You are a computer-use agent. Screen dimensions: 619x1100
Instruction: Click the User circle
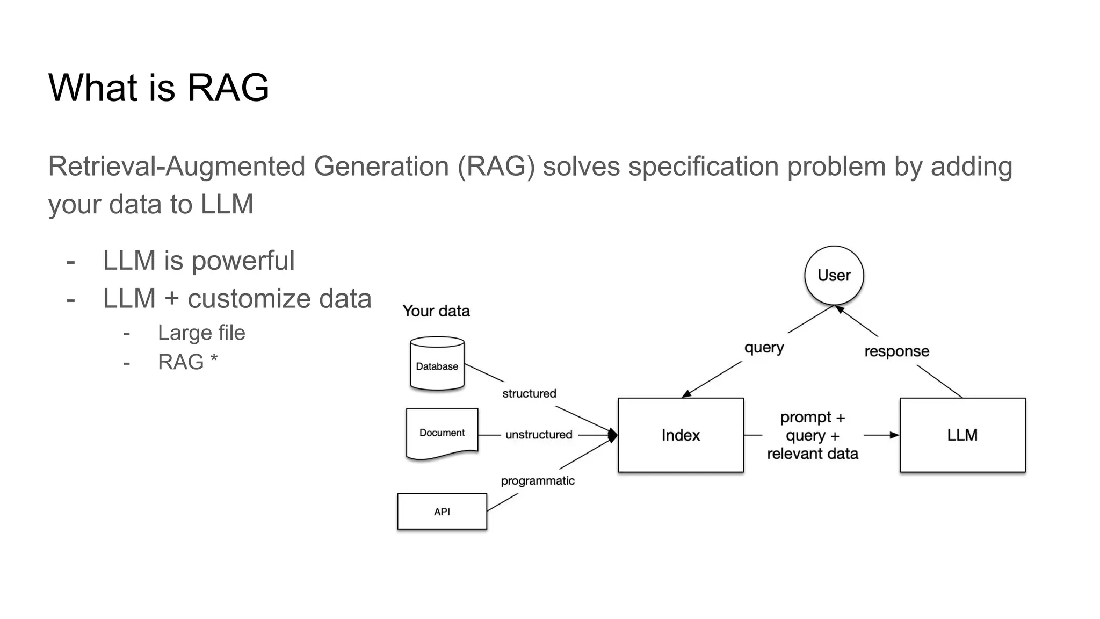click(834, 275)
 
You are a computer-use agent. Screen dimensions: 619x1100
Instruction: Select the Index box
click(681, 435)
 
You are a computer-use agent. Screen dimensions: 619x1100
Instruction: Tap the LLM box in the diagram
click(962, 435)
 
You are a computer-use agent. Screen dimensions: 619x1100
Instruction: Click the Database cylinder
click(437, 364)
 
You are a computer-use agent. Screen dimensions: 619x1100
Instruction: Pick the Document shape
click(442, 433)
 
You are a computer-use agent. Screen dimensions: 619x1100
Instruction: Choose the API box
click(442, 512)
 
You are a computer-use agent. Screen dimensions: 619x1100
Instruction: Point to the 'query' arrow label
click(764, 348)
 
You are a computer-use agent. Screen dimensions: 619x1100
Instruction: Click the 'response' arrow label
click(896, 351)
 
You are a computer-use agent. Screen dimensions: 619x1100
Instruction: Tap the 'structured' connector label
click(529, 393)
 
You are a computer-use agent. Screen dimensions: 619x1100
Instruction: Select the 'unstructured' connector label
click(539, 435)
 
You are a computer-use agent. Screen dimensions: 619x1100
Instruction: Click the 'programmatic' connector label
click(538, 481)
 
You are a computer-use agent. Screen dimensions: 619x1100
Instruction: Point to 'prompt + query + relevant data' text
click(812, 435)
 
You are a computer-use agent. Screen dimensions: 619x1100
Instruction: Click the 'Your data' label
click(436, 311)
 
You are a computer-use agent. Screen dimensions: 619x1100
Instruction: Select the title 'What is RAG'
click(158, 87)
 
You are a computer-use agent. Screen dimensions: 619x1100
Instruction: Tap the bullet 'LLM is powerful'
click(199, 261)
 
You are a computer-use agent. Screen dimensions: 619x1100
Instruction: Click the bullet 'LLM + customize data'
click(237, 299)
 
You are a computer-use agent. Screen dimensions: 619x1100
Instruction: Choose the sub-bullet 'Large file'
click(201, 333)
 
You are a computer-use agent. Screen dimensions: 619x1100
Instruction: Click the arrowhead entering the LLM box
click(894, 435)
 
